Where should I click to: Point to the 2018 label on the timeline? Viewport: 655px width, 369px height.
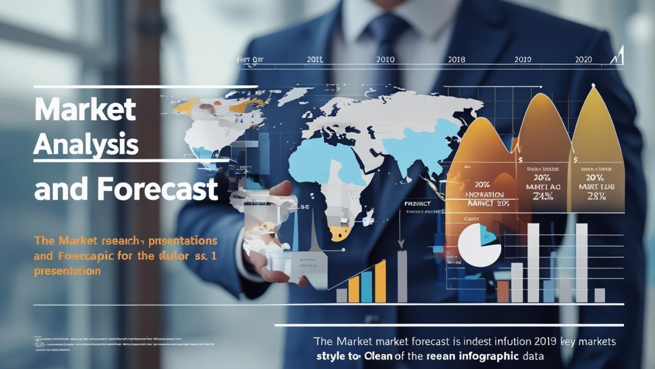456,59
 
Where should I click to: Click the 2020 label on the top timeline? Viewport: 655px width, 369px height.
583,59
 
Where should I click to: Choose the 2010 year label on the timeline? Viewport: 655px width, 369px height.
385,59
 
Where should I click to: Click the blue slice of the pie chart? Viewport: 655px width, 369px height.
488,237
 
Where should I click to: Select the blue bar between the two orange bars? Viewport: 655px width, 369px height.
366,286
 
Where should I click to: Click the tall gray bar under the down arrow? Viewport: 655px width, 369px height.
402,276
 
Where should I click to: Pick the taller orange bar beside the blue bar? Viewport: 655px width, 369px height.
380,281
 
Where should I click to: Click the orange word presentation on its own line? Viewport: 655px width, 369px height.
67,271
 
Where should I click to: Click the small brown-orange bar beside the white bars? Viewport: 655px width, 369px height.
503,291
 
